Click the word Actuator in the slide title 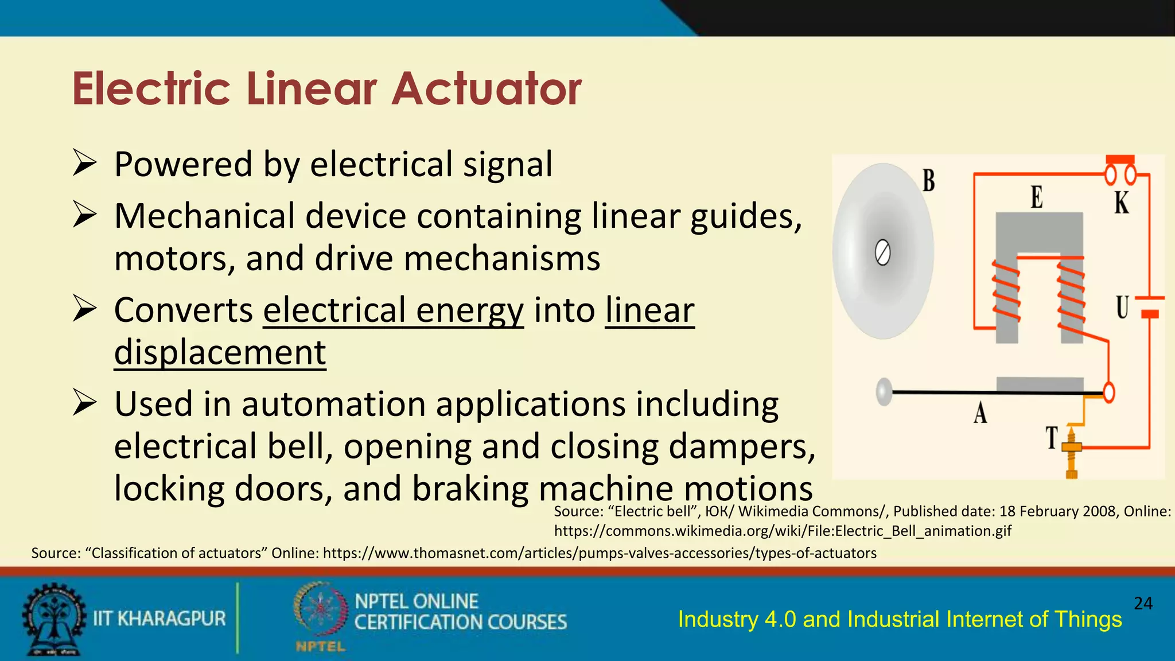[x=487, y=89]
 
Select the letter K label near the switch [x=1122, y=203]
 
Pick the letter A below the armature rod [x=981, y=413]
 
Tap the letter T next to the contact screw [x=1052, y=438]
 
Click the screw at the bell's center [x=882, y=253]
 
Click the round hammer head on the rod [x=884, y=392]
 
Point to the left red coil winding [x=1006, y=290]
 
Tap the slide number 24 [x=1143, y=603]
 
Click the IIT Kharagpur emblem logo [x=53, y=619]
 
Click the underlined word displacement [x=220, y=352]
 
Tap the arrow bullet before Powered [x=84, y=164]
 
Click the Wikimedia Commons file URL [x=783, y=531]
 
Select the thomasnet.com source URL [x=600, y=553]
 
